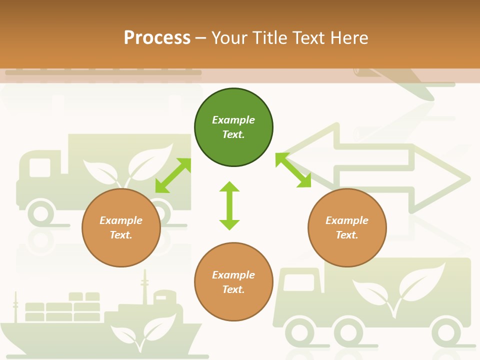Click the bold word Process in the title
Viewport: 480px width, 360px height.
[x=157, y=38]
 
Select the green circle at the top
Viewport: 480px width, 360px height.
[x=233, y=127]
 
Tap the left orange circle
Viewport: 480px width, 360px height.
[x=121, y=227]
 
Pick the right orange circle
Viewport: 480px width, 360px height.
[x=347, y=227]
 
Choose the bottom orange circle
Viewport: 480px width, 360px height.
[x=233, y=282]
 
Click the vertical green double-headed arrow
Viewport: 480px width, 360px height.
[x=229, y=205]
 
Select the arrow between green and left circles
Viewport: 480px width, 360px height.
[x=173, y=175]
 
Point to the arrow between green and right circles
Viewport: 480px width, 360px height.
[x=293, y=170]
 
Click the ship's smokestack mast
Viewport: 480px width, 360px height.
[x=145, y=287]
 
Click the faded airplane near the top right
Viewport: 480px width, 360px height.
[x=400, y=80]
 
